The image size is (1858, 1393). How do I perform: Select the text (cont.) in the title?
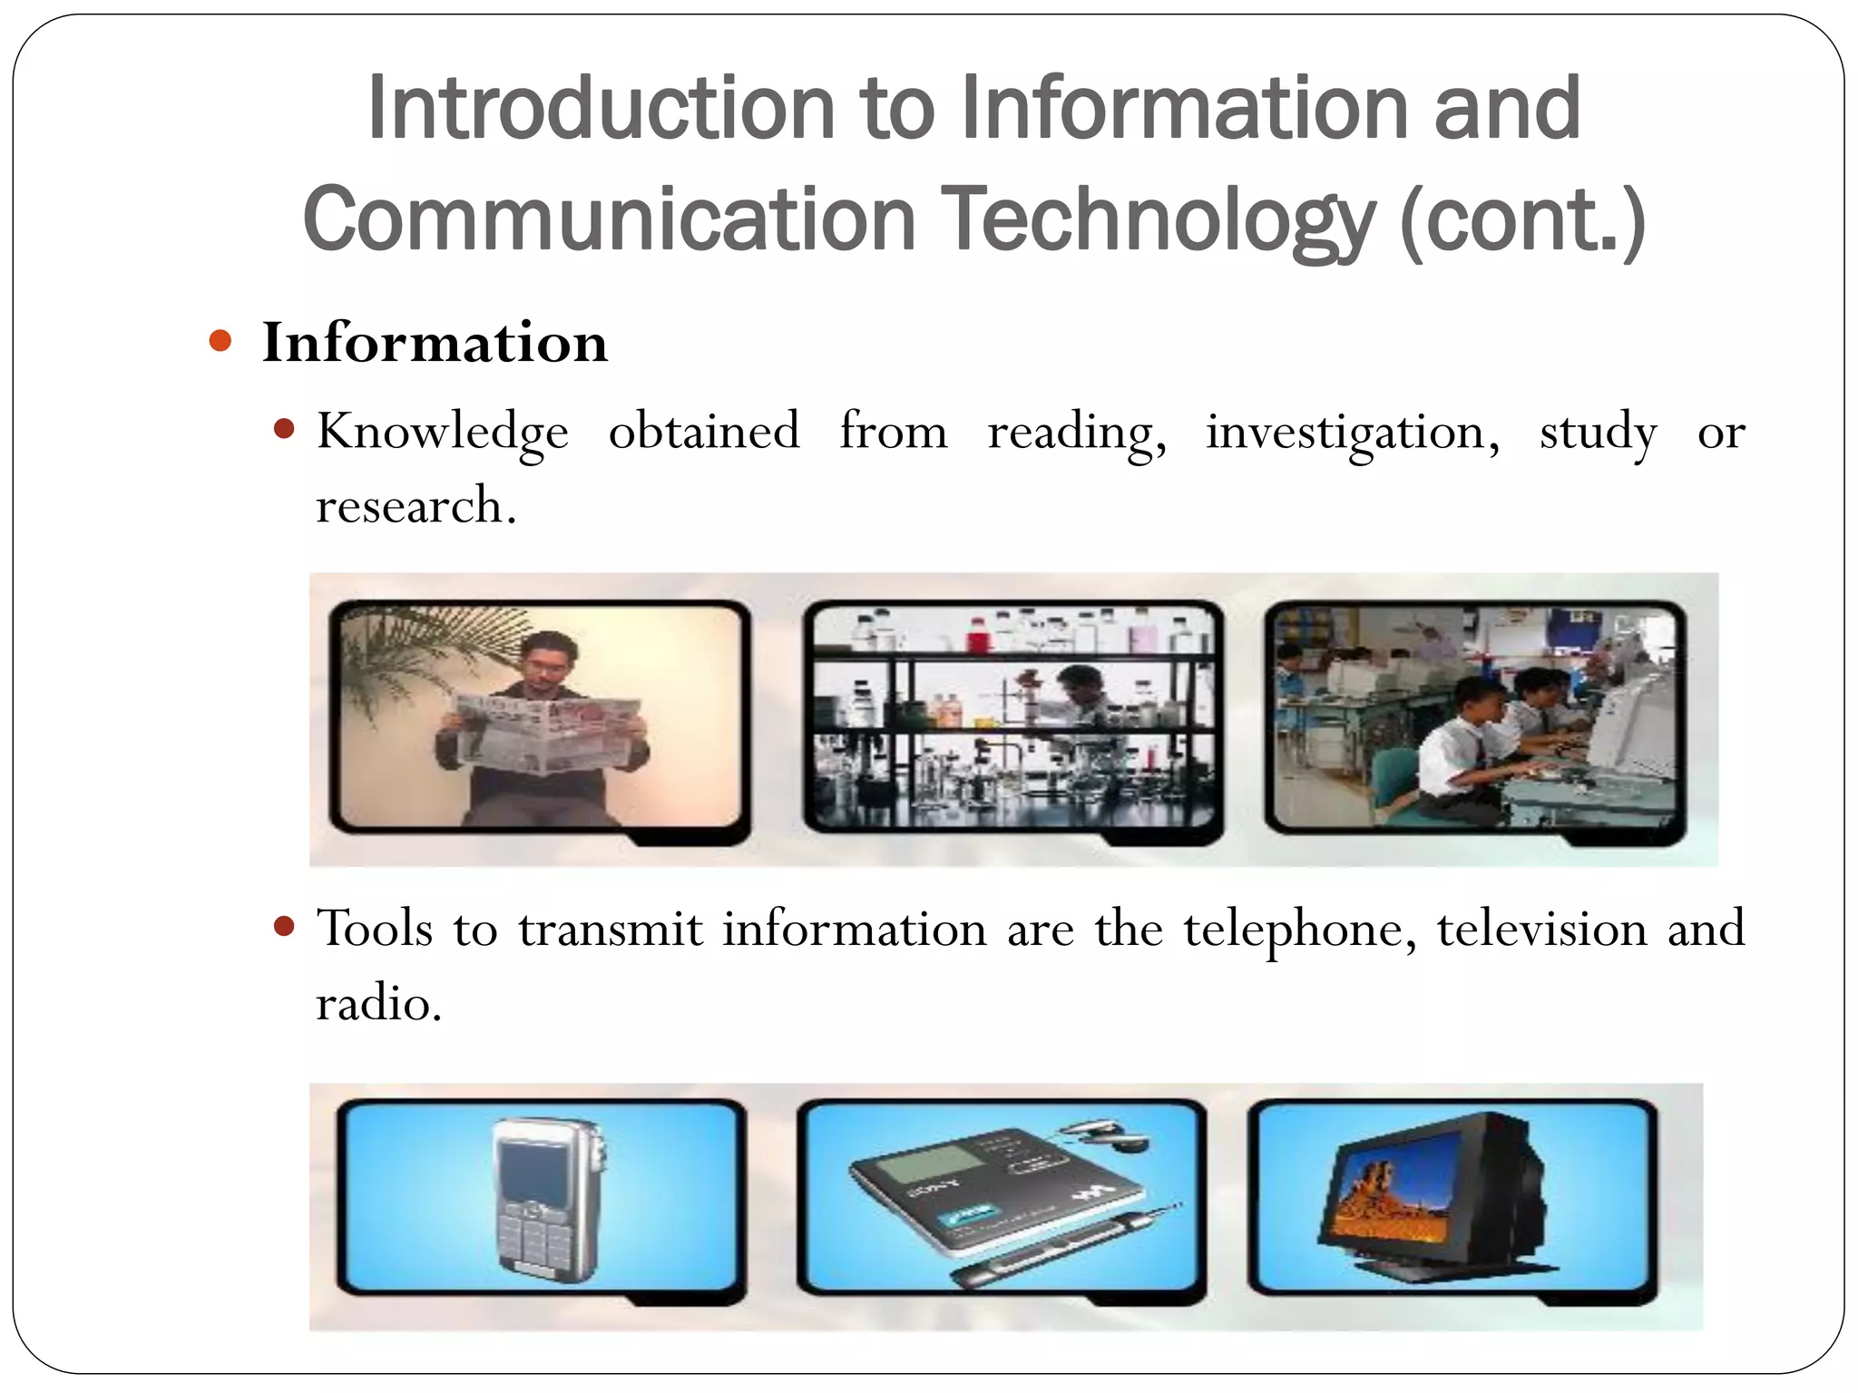(1522, 220)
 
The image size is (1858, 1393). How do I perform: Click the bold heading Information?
(435, 343)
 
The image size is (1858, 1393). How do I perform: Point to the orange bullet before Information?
(220, 341)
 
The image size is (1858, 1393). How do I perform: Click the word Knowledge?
(443, 432)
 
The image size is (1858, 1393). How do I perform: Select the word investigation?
(1352, 432)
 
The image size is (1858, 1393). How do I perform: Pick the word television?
(1541, 930)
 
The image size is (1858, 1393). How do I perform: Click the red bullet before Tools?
(284, 926)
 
